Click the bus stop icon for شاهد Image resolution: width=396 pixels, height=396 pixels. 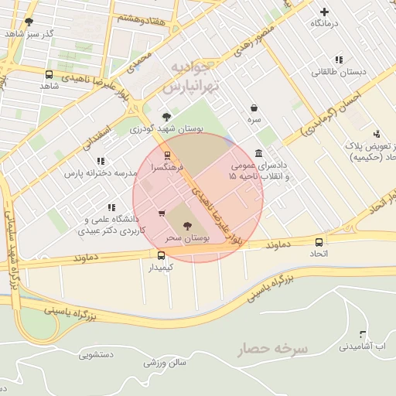[x=49, y=75]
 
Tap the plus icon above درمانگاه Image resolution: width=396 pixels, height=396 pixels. [x=324, y=12]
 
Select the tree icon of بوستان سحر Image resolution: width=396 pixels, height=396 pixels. [x=186, y=226]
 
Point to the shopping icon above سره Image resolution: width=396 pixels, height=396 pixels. [x=254, y=108]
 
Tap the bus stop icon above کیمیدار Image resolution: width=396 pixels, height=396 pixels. [x=161, y=255]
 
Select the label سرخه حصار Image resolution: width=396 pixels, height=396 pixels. [x=272, y=349]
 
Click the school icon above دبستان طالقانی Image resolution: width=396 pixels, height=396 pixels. [x=339, y=60]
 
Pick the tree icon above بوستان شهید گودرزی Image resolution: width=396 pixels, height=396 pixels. [x=166, y=116]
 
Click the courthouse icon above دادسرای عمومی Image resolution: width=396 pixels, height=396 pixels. [x=259, y=154]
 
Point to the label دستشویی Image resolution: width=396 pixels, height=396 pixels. [x=96, y=354]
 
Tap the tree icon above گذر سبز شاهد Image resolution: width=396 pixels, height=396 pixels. [x=29, y=22]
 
